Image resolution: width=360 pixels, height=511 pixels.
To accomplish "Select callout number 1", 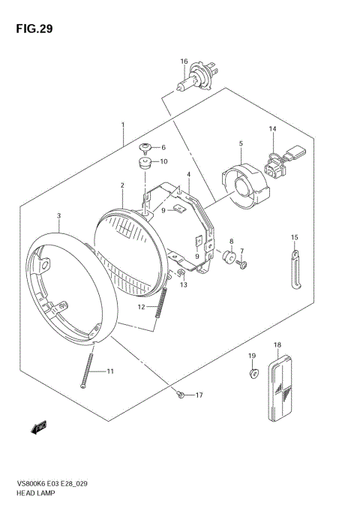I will coord(123,126).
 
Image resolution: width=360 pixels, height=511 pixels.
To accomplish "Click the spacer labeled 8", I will coord(226,257).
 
